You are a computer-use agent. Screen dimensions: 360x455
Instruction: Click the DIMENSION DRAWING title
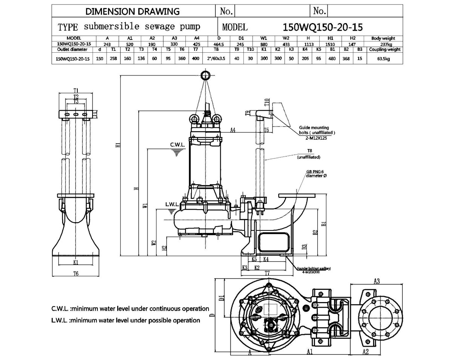(x=133, y=11)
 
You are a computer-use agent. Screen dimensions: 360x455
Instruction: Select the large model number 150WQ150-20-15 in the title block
(x=323, y=27)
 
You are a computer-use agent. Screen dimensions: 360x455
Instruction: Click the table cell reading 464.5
(x=219, y=44)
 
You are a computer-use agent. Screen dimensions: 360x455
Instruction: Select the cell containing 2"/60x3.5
(x=216, y=59)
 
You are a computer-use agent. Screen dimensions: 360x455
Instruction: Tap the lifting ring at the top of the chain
(x=205, y=75)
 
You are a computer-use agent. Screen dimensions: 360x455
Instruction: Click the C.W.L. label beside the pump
(x=177, y=145)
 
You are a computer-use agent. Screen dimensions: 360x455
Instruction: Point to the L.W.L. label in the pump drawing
(x=172, y=205)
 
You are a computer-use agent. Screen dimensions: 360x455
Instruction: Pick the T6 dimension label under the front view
(x=75, y=274)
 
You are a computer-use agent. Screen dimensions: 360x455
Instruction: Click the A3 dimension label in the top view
(x=377, y=281)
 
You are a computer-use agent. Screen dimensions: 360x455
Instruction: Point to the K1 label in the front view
(x=75, y=262)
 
